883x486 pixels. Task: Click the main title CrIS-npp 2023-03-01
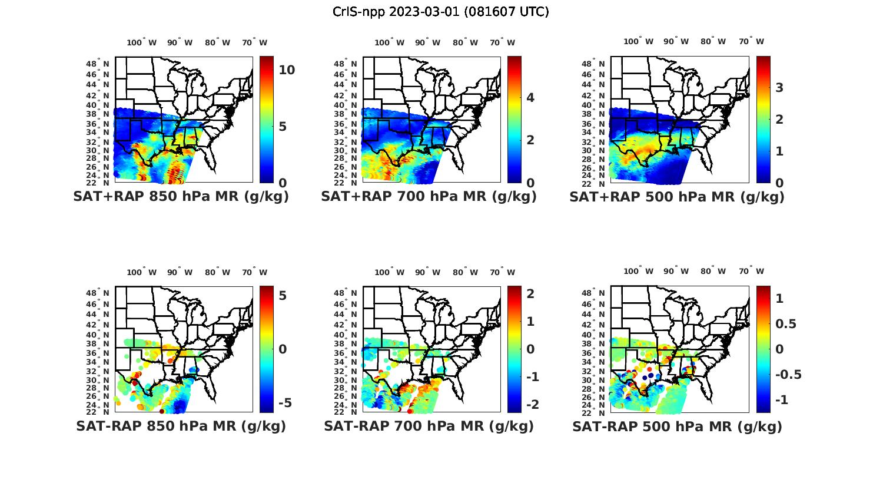tap(441, 12)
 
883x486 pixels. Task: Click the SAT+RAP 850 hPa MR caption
tap(181, 197)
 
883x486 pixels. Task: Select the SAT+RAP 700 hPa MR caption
tap(429, 197)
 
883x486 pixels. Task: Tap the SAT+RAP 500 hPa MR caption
tap(677, 197)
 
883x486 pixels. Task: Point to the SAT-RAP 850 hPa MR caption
tap(181, 426)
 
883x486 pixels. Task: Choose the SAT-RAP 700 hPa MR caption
tap(429, 426)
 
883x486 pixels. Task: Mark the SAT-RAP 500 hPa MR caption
tap(677, 426)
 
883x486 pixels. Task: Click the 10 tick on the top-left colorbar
tap(287, 70)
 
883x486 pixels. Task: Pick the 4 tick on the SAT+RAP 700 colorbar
tap(530, 98)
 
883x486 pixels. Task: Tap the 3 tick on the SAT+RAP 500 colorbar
tap(779, 88)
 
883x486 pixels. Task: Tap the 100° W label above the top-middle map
tap(389, 42)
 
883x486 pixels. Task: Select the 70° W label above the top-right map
tap(751, 41)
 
